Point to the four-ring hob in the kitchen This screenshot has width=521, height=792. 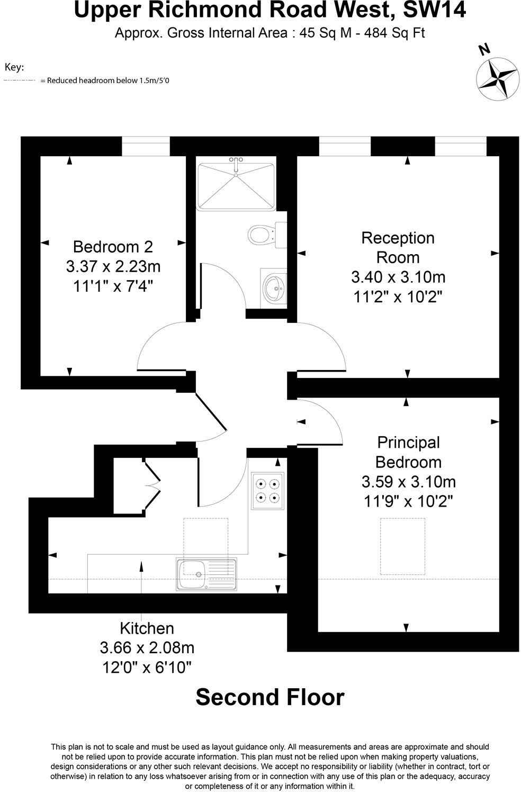tap(267, 490)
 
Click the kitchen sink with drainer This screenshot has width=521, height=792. tap(207, 573)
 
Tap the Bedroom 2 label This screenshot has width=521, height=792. tap(113, 247)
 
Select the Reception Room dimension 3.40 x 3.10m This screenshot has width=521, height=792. tap(398, 277)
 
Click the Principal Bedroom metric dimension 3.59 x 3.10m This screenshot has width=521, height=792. tap(408, 482)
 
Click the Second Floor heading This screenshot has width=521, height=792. tap(270, 697)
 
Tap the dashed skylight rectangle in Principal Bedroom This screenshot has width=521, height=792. tap(402, 546)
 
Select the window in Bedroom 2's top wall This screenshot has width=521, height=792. tap(146, 147)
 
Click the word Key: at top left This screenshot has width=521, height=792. tap(14, 67)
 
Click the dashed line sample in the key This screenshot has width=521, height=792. tap(20, 80)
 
